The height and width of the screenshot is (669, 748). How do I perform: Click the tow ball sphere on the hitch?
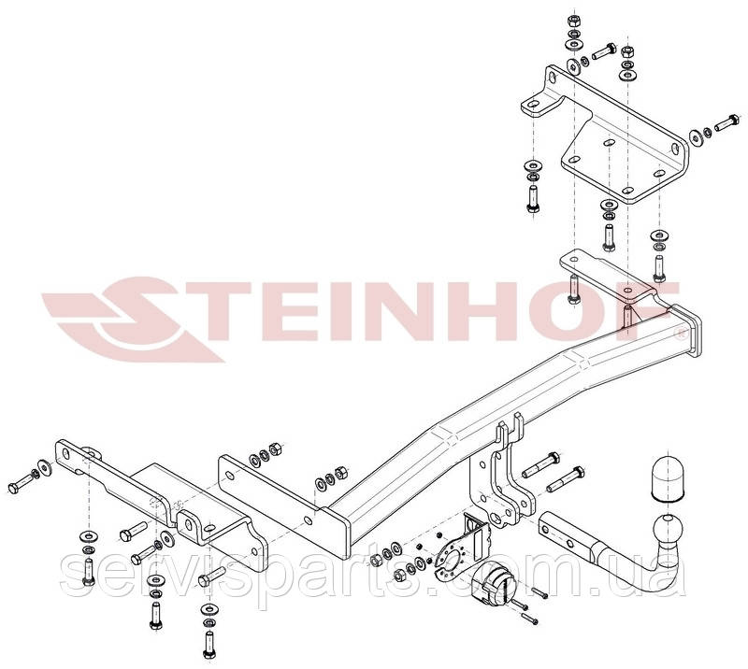(667, 528)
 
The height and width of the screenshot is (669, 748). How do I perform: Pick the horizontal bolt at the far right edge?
(726, 122)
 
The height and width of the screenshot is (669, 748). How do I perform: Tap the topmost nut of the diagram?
(573, 21)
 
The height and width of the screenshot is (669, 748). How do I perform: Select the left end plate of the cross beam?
(335, 533)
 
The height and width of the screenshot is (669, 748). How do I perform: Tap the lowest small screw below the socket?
(529, 619)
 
